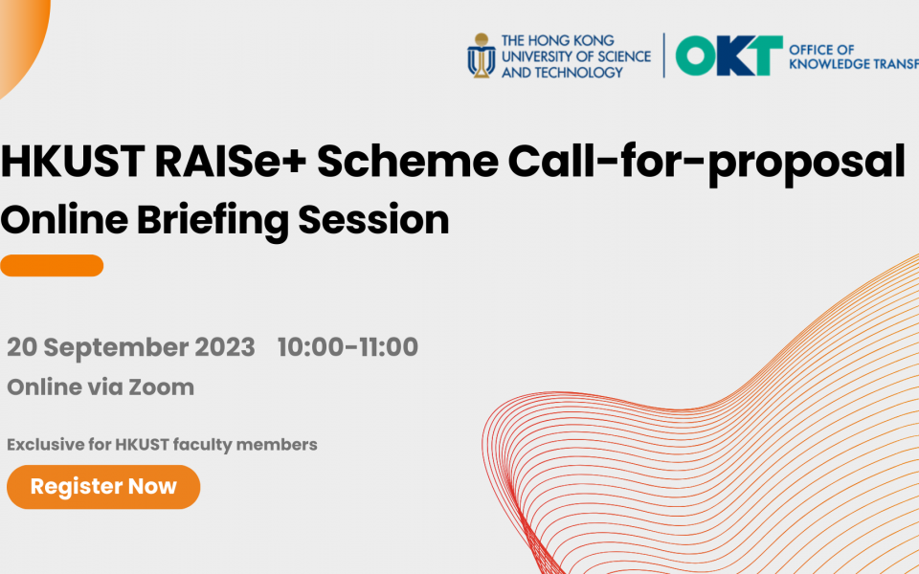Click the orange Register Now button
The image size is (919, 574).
tap(103, 487)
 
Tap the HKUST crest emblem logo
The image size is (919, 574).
tap(482, 55)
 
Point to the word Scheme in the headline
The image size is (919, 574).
tap(408, 161)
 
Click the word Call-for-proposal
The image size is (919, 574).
tap(706, 164)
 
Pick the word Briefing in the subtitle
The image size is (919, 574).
tap(213, 221)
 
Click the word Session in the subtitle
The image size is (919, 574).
tap(373, 220)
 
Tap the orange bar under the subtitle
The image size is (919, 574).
tap(52, 265)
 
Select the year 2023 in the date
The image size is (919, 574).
tap(224, 346)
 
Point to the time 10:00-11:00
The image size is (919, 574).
tap(347, 346)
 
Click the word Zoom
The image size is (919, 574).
tap(161, 387)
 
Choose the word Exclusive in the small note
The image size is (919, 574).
tap(46, 445)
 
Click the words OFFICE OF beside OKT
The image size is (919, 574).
tap(821, 49)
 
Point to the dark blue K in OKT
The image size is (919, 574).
tap(730, 56)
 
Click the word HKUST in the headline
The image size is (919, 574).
tap(73, 161)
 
